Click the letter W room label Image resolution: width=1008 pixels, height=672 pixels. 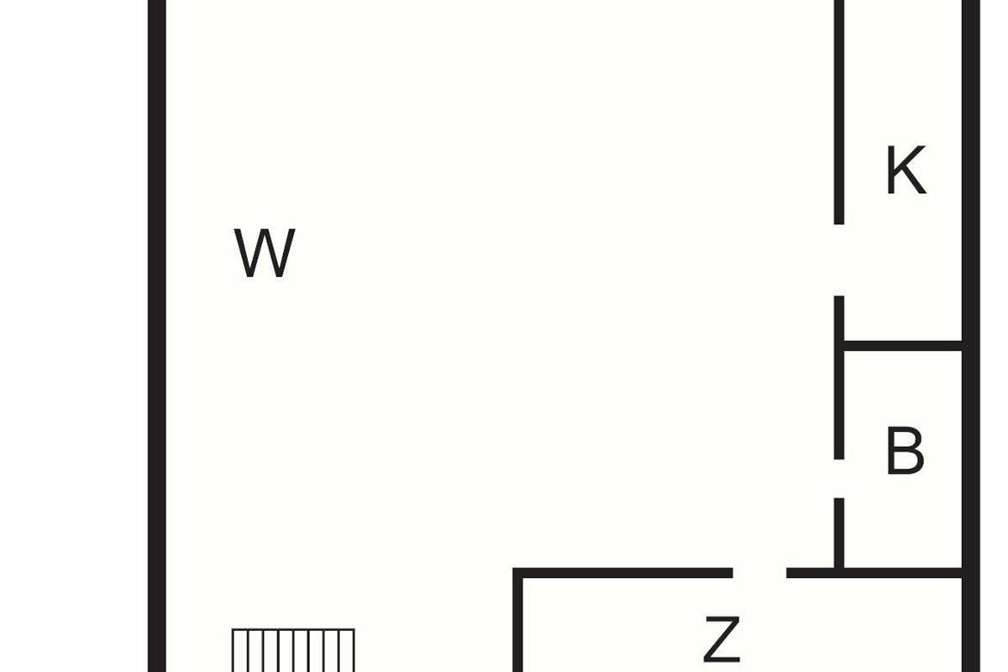coord(265,253)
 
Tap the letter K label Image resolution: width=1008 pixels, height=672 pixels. coord(906,171)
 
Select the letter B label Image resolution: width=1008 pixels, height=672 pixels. coord(905,451)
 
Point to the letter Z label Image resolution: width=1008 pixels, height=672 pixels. coord(722,639)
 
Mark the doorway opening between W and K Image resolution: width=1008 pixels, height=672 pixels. coord(839,260)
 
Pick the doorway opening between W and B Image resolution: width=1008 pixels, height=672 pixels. coord(839,478)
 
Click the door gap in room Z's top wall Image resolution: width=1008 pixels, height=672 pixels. coord(759,573)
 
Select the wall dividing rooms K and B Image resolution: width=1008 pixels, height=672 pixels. coord(902,345)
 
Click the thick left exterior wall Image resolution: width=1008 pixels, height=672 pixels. coord(156,336)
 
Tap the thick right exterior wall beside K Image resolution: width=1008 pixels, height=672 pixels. coord(971,168)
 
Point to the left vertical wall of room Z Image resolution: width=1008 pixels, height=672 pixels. coord(518,626)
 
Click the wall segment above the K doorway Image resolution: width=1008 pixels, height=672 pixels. coord(839,109)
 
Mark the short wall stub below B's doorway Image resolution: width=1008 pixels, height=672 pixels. coord(839,533)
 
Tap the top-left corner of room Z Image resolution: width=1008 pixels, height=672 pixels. coord(519,574)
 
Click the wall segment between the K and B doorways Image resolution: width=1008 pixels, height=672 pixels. coord(839,378)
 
